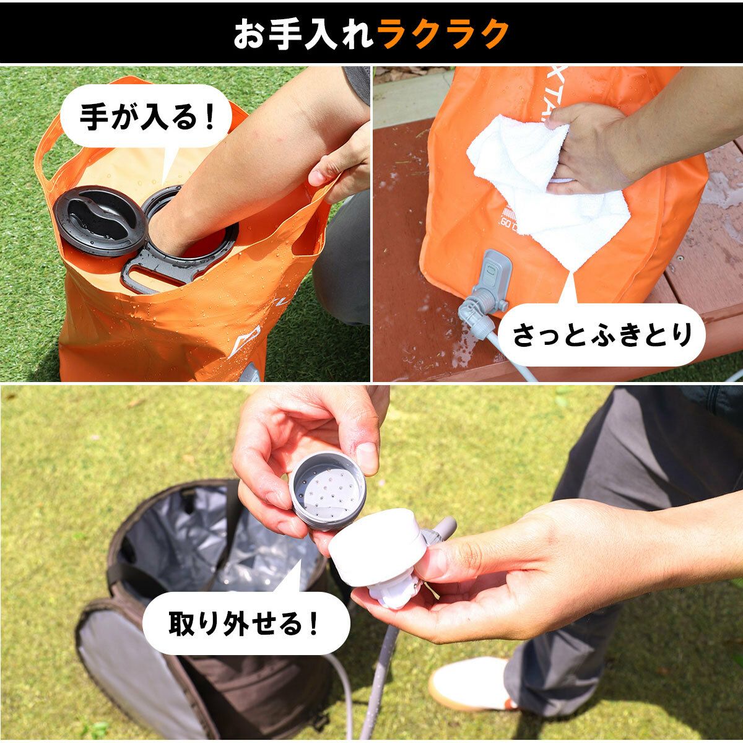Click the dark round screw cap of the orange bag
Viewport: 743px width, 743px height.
point(100,220)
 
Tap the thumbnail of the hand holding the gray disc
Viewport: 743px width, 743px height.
point(367,459)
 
